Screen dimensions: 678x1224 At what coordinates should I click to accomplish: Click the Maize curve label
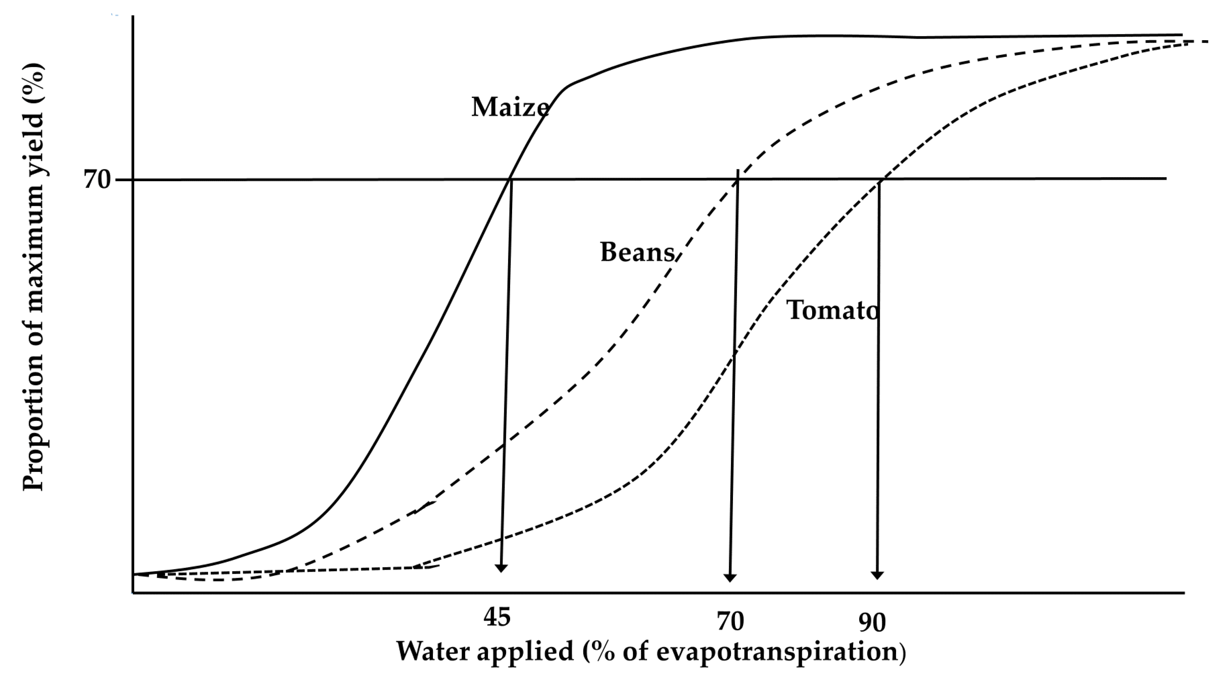[510, 107]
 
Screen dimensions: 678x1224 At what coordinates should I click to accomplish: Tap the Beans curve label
[637, 252]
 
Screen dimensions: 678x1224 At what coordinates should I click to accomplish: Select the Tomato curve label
[832, 311]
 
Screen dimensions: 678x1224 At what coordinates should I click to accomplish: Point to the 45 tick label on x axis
[497, 617]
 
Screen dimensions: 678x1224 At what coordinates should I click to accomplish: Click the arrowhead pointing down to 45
[501, 568]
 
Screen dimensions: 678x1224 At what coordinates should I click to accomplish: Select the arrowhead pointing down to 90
[877, 575]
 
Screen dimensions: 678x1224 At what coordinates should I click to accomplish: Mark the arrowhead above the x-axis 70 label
[730, 577]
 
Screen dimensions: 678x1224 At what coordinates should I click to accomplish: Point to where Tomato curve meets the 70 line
[882, 179]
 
